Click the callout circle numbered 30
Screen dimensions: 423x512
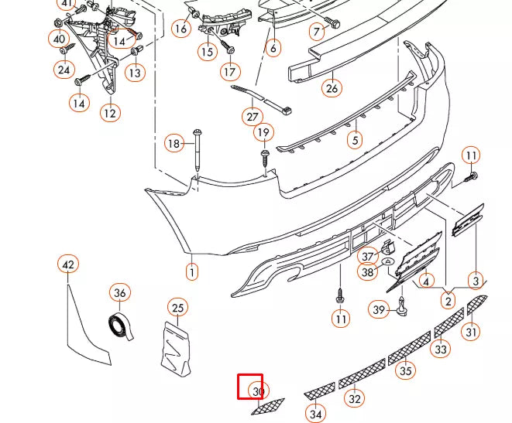click(x=258, y=392)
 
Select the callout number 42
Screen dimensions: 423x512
click(x=68, y=265)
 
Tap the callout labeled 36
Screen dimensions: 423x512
click(x=119, y=293)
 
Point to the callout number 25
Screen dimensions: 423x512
click(x=178, y=308)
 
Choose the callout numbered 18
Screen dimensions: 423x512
click(x=174, y=143)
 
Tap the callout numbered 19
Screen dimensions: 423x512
click(x=263, y=133)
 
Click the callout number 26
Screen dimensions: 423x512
click(x=332, y=88)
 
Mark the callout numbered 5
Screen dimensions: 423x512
click(x=355, y=141)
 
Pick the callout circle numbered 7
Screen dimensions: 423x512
click(x=316, y=32)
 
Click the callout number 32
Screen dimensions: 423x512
click(x=354, y=399)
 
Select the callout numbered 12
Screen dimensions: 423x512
click(x=109, y=113)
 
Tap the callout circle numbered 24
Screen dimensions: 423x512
click(x=63, y=70)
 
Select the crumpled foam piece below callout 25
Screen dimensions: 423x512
click(x=177, y=349)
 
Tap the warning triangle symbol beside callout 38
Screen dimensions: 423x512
click(x=387, y=263)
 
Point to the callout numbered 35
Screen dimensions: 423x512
click(x=406, y=370)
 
